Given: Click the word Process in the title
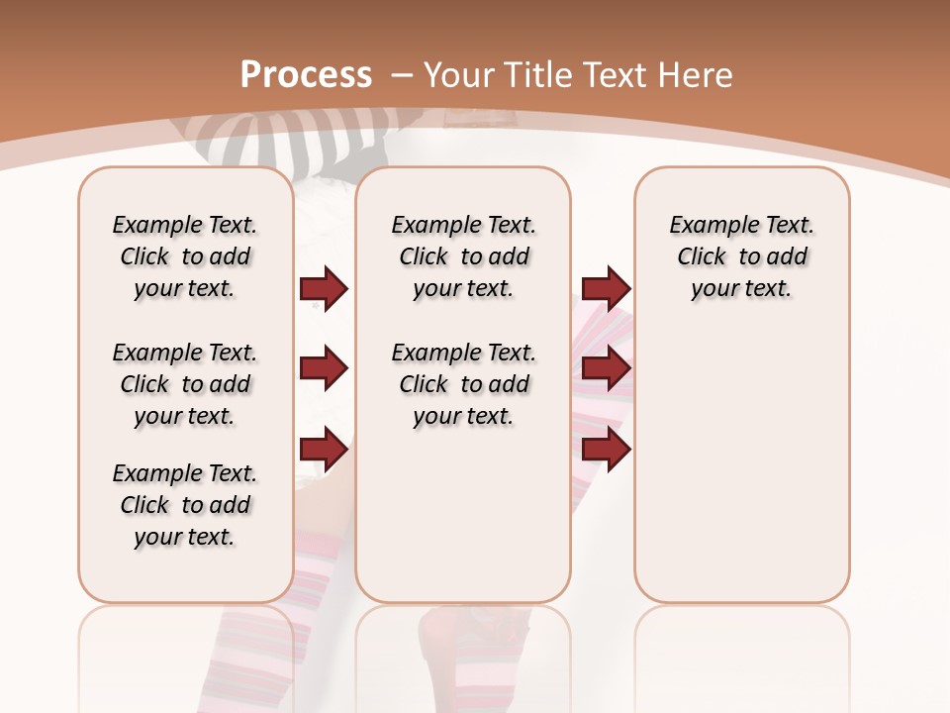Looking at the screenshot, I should click(306, 75).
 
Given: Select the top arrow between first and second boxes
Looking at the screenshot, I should click(324, 288).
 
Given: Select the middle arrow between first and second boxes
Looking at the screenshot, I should click(324, 368).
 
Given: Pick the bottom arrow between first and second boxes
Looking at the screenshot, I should click(324, 450).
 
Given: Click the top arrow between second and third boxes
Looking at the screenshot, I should click(606, 288).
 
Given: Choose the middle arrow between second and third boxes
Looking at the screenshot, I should click(606, 368).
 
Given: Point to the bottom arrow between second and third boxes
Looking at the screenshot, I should click(606, 450).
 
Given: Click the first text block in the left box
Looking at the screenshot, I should click(185, 256).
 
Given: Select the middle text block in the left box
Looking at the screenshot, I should click(185, 384).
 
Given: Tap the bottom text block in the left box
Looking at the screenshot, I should click(185, 505).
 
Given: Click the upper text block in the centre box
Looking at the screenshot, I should click(463, 256).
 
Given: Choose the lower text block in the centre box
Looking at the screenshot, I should click(463, 384).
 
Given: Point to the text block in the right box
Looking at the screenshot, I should click(742, 256).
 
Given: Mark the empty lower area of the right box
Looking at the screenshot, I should click(742, 465).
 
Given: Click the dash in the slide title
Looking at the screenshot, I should click(403, 75).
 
